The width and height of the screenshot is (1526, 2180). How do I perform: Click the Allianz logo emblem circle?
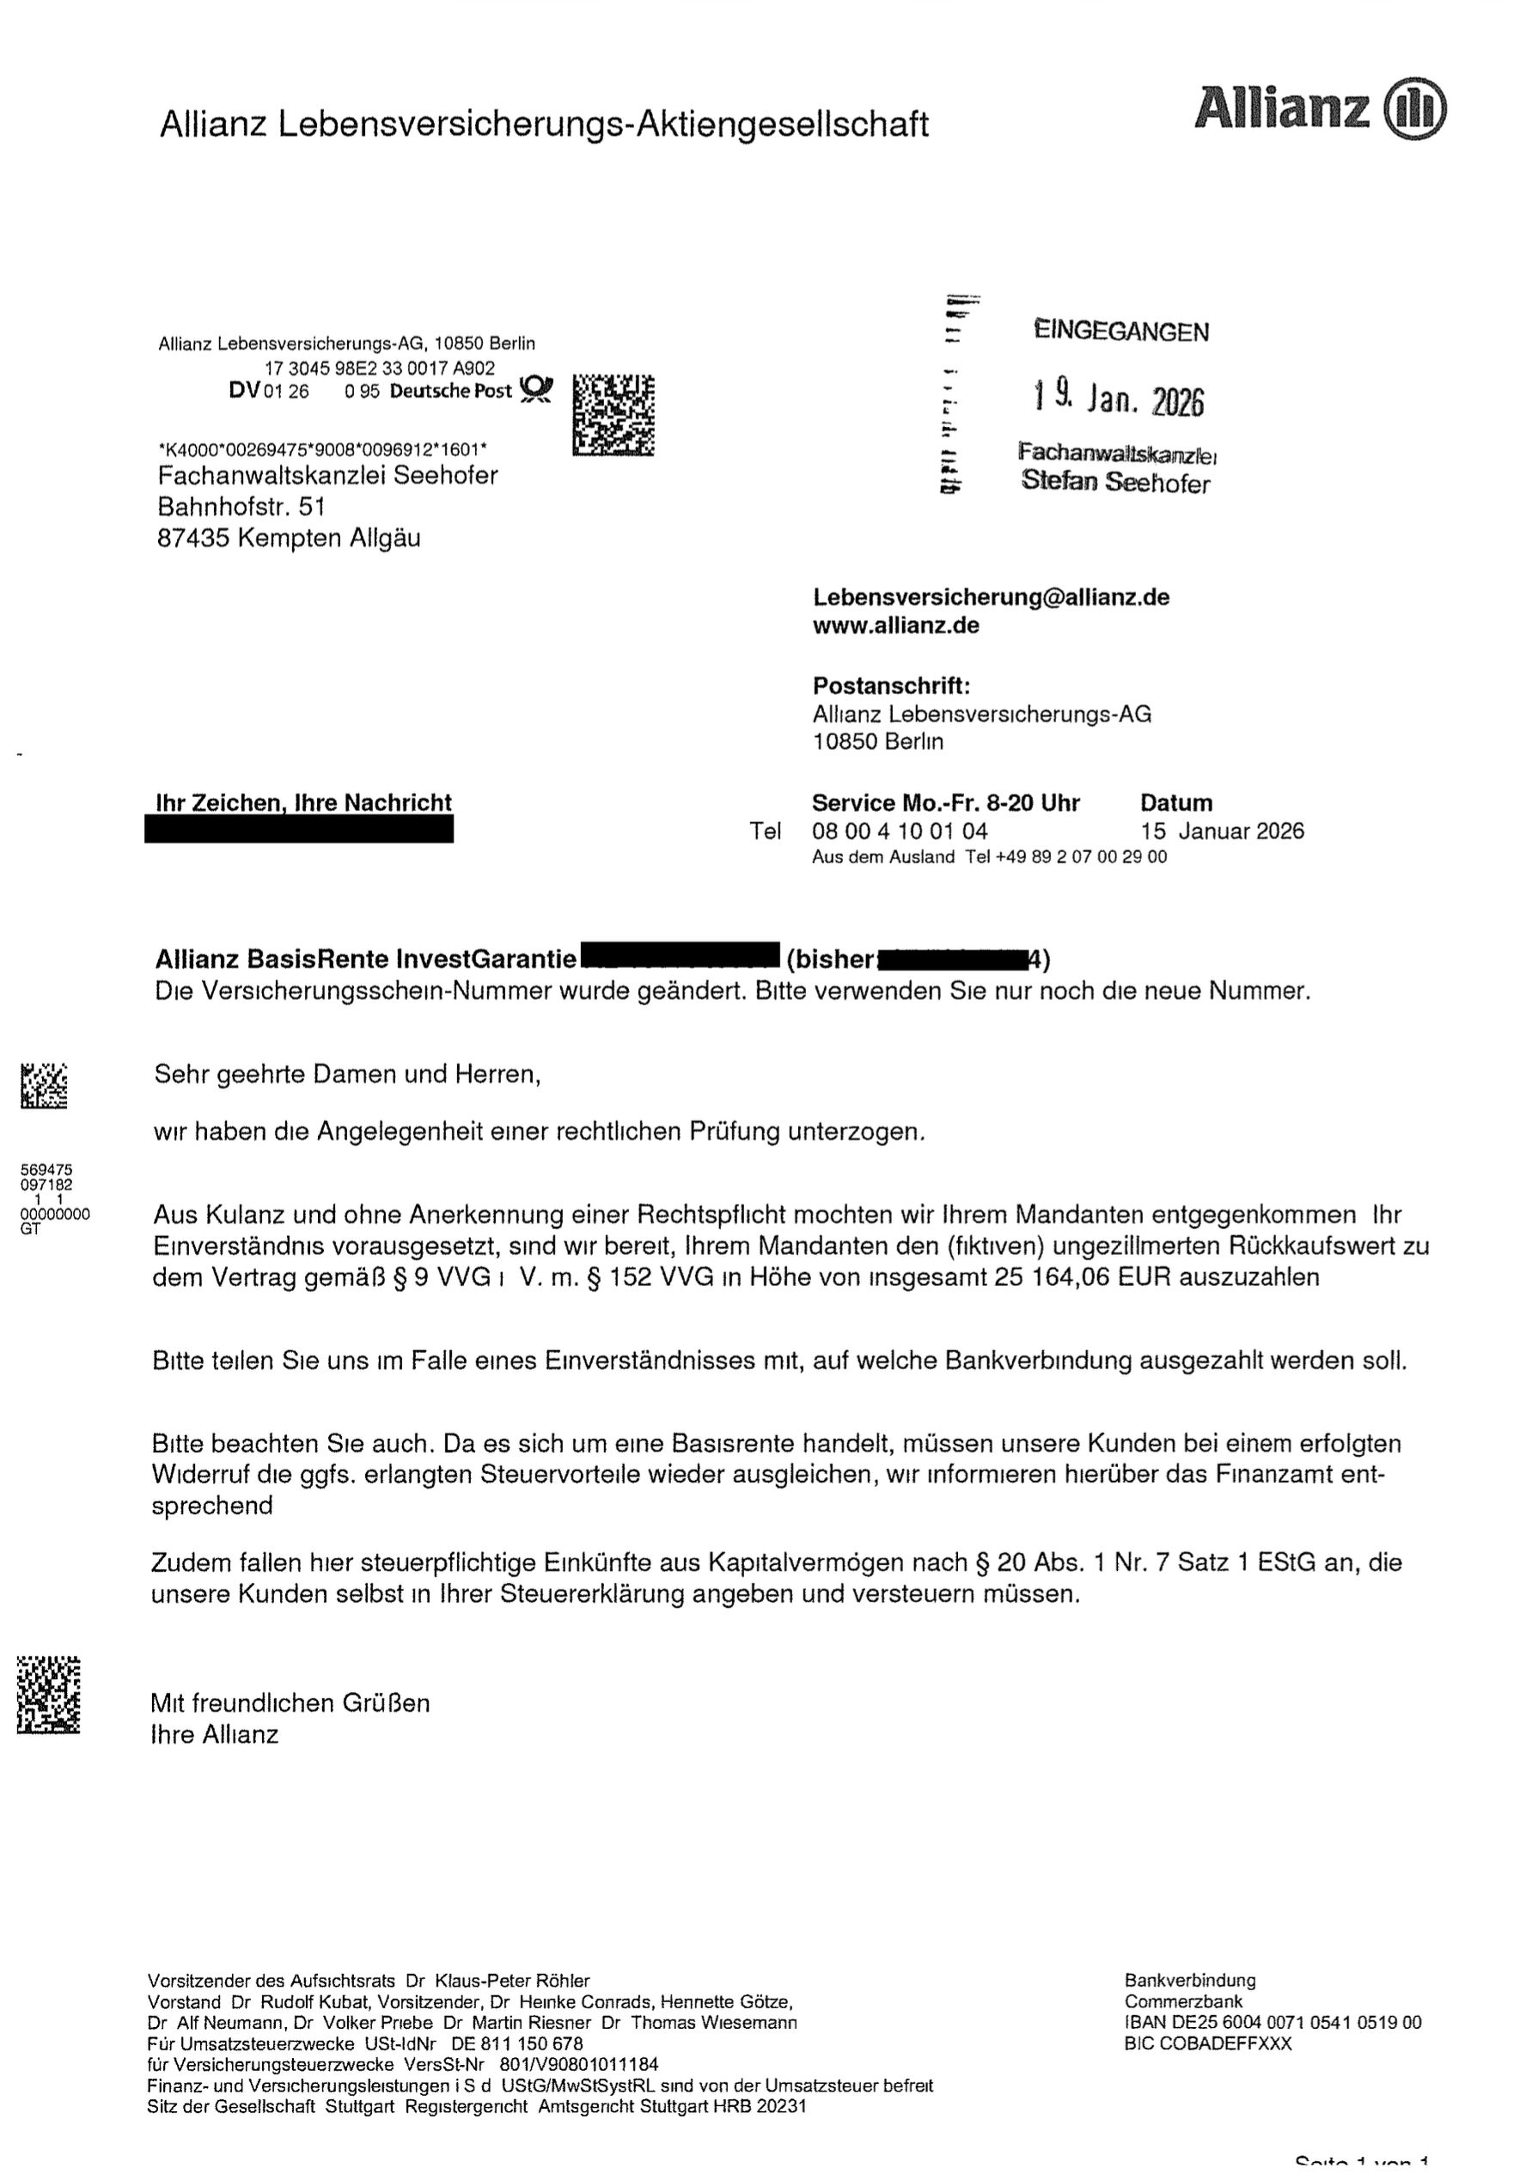(1416, 108)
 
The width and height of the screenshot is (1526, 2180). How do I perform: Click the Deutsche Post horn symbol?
(536, 389)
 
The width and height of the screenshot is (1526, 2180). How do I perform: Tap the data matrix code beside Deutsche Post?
(613, 415)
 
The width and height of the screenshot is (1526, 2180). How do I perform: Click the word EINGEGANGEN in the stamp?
(1120, 332)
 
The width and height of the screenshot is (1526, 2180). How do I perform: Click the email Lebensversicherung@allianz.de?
(991, 597)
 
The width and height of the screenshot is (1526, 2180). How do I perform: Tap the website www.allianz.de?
(895, 625)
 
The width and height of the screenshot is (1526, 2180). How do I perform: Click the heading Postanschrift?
(891, 685)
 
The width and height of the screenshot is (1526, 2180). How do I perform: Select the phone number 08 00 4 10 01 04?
(900, 831)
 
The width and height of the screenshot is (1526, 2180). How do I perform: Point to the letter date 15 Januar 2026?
(1222, 831)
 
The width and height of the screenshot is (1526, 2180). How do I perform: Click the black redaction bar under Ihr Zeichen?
(299, 831)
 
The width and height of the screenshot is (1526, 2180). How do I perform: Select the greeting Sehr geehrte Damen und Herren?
(346, 1074)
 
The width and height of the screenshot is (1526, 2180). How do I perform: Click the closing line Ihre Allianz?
(215, 1735)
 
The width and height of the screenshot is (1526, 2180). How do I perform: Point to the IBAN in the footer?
(1273, 2023)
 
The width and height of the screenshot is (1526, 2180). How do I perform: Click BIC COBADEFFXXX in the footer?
(1208, 2043)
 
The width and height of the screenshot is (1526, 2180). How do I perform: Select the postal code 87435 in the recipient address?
(192, 539)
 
